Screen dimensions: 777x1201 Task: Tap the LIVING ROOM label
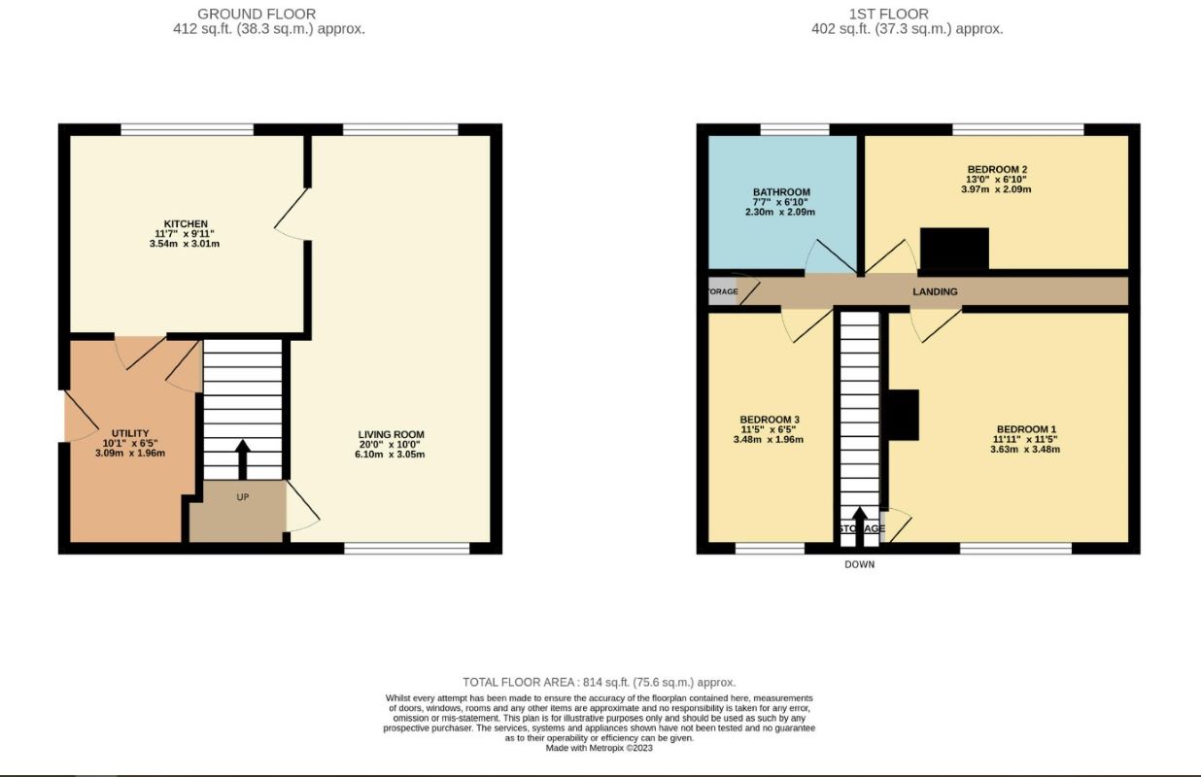click(391, 434)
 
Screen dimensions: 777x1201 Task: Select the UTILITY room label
click(130, 433)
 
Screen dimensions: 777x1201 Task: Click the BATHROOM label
click(781, 192)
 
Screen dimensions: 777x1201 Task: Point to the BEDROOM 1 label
click(1026, 429)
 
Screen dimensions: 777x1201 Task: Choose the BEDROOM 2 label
click(997, 169)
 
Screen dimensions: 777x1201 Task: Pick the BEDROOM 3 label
click(770, 420)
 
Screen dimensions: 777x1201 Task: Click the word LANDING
click(935, 291)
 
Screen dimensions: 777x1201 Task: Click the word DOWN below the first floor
click(859, 564)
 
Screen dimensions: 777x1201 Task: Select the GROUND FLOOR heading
click(257, 14)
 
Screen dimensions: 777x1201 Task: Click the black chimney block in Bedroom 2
click(953, 249)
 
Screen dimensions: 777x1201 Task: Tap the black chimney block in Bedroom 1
click(904, 415)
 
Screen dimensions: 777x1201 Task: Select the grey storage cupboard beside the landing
click(722, 291)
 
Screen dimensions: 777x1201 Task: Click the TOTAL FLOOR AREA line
click(600, 683)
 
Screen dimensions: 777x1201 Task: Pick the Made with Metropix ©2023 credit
click(600, 748)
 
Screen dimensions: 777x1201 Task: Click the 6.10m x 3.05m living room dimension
click(391, 454)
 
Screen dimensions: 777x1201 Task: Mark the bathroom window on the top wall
click(794, 129)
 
